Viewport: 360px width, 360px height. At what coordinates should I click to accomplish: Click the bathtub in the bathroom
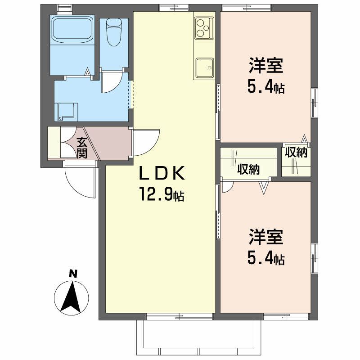(72, 29)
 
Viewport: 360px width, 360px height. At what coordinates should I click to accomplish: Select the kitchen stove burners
(203, 27)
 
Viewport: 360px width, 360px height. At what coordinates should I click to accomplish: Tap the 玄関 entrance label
(81, 148)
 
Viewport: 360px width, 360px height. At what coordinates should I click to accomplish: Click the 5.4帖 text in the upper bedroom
(265, 86)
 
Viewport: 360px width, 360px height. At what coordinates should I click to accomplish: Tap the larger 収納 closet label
(248, 170)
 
